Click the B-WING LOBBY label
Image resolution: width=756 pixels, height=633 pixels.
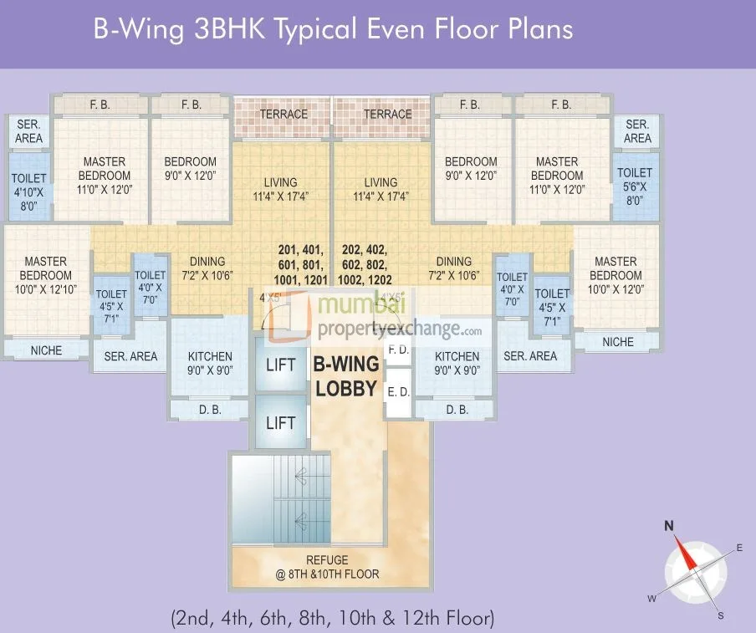[x=346, y=376]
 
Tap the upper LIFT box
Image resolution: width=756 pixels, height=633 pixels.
[x=280, y=365]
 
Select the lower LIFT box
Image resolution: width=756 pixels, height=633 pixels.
[x=280, y=422]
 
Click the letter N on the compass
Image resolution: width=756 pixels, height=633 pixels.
[x=669, y=526]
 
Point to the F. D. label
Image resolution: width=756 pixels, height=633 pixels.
[x=399, y=350]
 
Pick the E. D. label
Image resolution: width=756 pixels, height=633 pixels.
[x=399, y=390]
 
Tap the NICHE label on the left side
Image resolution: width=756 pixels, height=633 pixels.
[x=46, y=350]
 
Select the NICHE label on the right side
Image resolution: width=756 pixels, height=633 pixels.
[x=618, y=342]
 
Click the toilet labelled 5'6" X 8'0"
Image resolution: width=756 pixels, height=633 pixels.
[x=635, y=186]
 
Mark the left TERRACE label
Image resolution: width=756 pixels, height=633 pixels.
[x=283, y=114]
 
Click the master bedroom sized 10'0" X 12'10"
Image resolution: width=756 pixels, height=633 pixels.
[x=45, y=275]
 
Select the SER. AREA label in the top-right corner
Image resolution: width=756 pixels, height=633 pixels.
[x=637, y=131]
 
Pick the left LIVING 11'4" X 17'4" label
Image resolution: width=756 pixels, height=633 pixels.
[x=280, y=189]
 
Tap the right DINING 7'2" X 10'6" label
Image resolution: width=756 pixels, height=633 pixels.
[x=453, y=268]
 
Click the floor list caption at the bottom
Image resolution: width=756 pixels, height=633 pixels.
[x=332, y=619]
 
